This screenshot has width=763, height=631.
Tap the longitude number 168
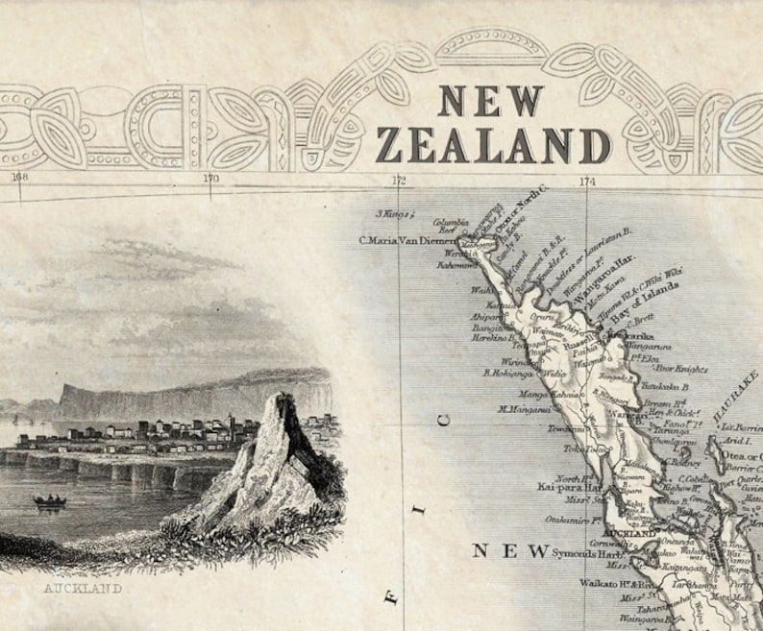click(x=19, y=176)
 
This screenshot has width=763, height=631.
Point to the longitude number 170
click(x=210, y=177)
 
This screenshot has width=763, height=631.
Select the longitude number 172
click(x=399, y=180)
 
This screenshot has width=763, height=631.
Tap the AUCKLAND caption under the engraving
click(x=83, y=588)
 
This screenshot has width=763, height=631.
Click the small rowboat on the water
click(x=49, y=500)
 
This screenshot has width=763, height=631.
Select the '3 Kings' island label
click(x=393, y=213)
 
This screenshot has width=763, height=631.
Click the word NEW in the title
click(x=491, y=100)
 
